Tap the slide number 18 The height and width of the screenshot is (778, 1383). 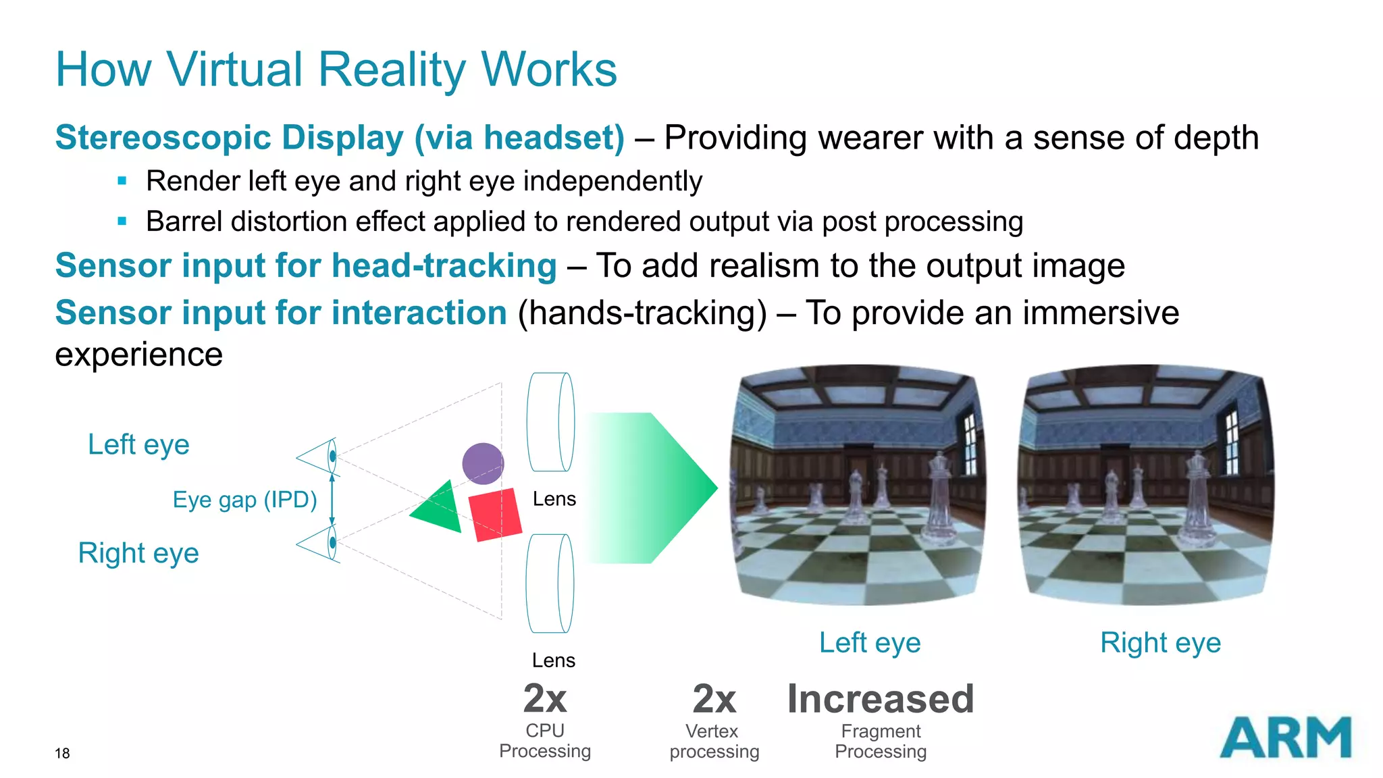tap(62, 753)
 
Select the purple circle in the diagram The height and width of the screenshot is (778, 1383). tap(483, 463)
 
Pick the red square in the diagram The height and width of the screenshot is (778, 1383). tap(495, 515)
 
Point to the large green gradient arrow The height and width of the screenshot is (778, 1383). tap(648, 488)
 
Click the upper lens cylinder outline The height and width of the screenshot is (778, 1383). tap(550, 422)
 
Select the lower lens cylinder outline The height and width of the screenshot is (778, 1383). tap(550, 583)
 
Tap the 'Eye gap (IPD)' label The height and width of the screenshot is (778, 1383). tap(244, 500)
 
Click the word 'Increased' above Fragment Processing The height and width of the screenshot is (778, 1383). tap(881, 699)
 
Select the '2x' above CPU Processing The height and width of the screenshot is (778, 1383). tap(545, 699)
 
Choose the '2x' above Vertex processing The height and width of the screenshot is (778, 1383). tap(714, 699)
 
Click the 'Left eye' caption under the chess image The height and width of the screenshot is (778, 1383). tap(870, 642)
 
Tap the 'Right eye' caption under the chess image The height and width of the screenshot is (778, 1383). tap(1160, 642)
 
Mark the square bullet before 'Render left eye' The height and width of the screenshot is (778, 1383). tap(122, 181)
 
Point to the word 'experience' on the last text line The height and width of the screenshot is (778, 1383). tap(138, 355)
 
